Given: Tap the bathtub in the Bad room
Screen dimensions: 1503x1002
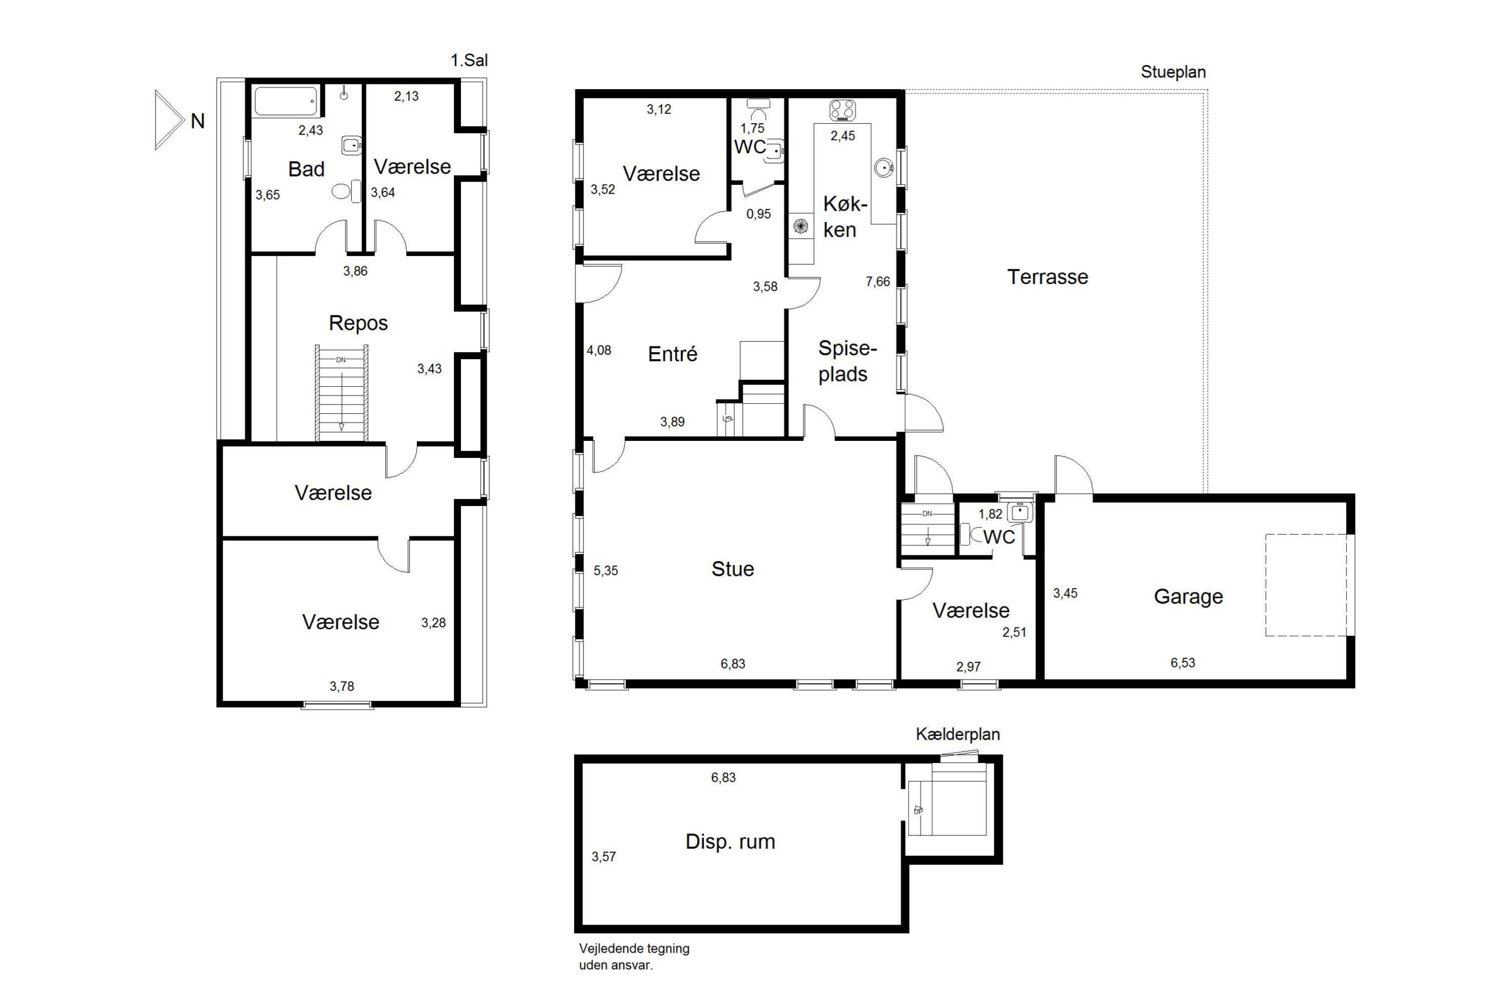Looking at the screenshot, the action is point(286,101).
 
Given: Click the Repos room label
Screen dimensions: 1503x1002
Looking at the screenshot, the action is point(358,323).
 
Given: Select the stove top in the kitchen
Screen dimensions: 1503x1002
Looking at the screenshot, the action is point(843,110).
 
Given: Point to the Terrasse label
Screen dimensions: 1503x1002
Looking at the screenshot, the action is point(1047,276).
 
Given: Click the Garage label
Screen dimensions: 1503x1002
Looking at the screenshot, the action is point(1188,596).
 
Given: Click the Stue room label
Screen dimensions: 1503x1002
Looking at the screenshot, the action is point(732,569).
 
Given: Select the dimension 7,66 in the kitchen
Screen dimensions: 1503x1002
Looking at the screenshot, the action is point(877,281).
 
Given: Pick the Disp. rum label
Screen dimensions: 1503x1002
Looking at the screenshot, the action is point(730,841).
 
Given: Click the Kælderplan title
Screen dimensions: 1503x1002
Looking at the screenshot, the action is point(957,734).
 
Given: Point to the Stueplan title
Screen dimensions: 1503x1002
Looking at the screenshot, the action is point(1173,72).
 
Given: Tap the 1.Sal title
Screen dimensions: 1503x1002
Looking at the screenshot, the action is point(469,60).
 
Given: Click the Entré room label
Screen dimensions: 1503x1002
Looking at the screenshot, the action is point(672,353).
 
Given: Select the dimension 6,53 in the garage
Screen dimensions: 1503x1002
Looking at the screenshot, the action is point(1182,663).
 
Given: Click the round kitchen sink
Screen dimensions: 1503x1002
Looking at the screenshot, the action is point(883,168).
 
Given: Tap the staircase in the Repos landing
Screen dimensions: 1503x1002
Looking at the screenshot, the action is point(341,393).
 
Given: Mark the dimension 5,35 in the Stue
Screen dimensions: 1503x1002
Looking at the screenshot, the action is point(606,571).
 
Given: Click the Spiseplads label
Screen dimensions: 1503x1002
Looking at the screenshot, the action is point(847,361).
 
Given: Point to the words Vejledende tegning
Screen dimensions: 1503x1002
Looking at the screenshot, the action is point(634,949).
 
